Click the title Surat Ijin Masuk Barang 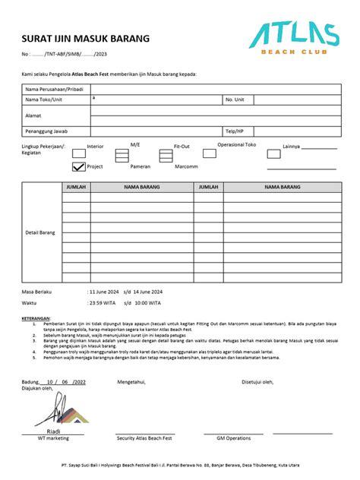[85, 39]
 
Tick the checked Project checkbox [78, 166]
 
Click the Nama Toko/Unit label [44, 99]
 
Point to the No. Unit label [235, 99]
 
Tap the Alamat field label [35, 115]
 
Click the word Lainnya [292, 146]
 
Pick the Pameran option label [141, 166]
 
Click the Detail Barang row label [40, 232]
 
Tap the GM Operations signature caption [233, 438]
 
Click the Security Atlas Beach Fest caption [146, 438]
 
